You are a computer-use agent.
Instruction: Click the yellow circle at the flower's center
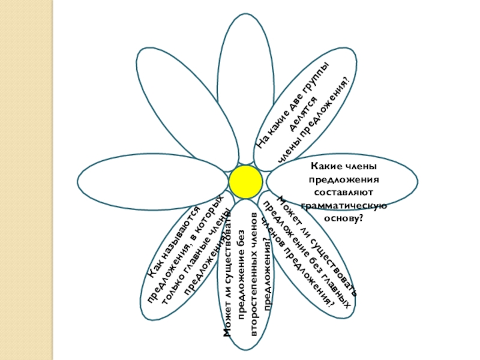click(x=245, y=182)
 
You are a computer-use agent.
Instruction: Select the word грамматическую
click(x=343, y=205)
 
